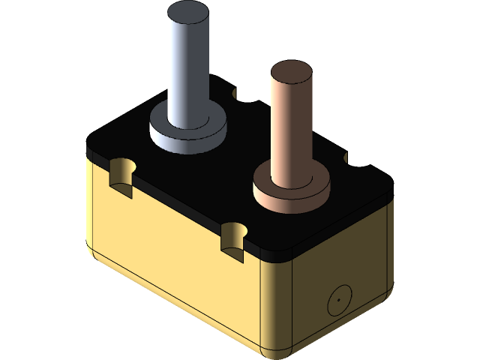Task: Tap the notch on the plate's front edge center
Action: pos(234,236)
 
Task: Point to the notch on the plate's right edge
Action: pos(352,160)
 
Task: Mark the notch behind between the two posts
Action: pos(241,94)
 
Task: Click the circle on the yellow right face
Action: pos(338,301)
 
